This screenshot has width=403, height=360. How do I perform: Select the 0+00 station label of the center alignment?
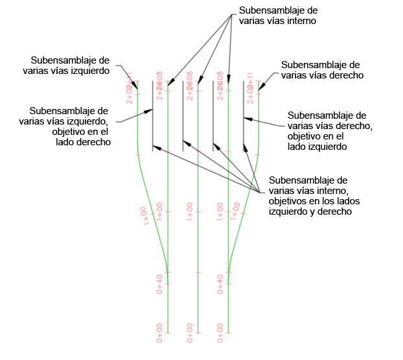[190, 332]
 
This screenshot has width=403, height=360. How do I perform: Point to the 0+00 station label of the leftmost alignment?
[159, 332]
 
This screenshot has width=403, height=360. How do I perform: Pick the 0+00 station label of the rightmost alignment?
[220, 332]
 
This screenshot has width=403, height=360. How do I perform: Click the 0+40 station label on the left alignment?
[159, 284]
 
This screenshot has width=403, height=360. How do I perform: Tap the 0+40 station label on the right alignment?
[220, 284]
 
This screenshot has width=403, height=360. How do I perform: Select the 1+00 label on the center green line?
[190, 212]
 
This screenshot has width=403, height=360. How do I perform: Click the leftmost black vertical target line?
[152, 117]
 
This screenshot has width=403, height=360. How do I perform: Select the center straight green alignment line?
[198, 259]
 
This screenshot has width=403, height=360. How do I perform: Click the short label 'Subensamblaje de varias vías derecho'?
[321, 70]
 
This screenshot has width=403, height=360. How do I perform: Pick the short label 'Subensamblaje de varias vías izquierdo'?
[73, 65]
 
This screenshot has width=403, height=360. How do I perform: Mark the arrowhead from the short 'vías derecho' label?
[260, 87]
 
